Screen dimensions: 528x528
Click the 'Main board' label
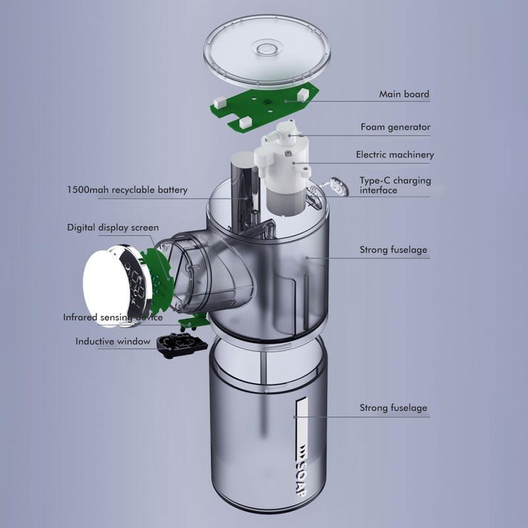(x=403, y=94)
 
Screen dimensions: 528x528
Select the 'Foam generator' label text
(x=395, y=127)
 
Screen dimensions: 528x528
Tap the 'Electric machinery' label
(x=395, y=155)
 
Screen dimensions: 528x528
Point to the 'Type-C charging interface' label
(x=395, y=185)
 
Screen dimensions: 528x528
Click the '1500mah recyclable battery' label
(x=127, y=190)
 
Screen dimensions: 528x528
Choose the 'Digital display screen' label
(x=113, y=228)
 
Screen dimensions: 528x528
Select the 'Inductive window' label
(x=113, y=341)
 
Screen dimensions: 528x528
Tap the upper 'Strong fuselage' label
(x=393, y=250)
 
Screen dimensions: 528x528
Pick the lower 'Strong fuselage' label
(x=393, y=408)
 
